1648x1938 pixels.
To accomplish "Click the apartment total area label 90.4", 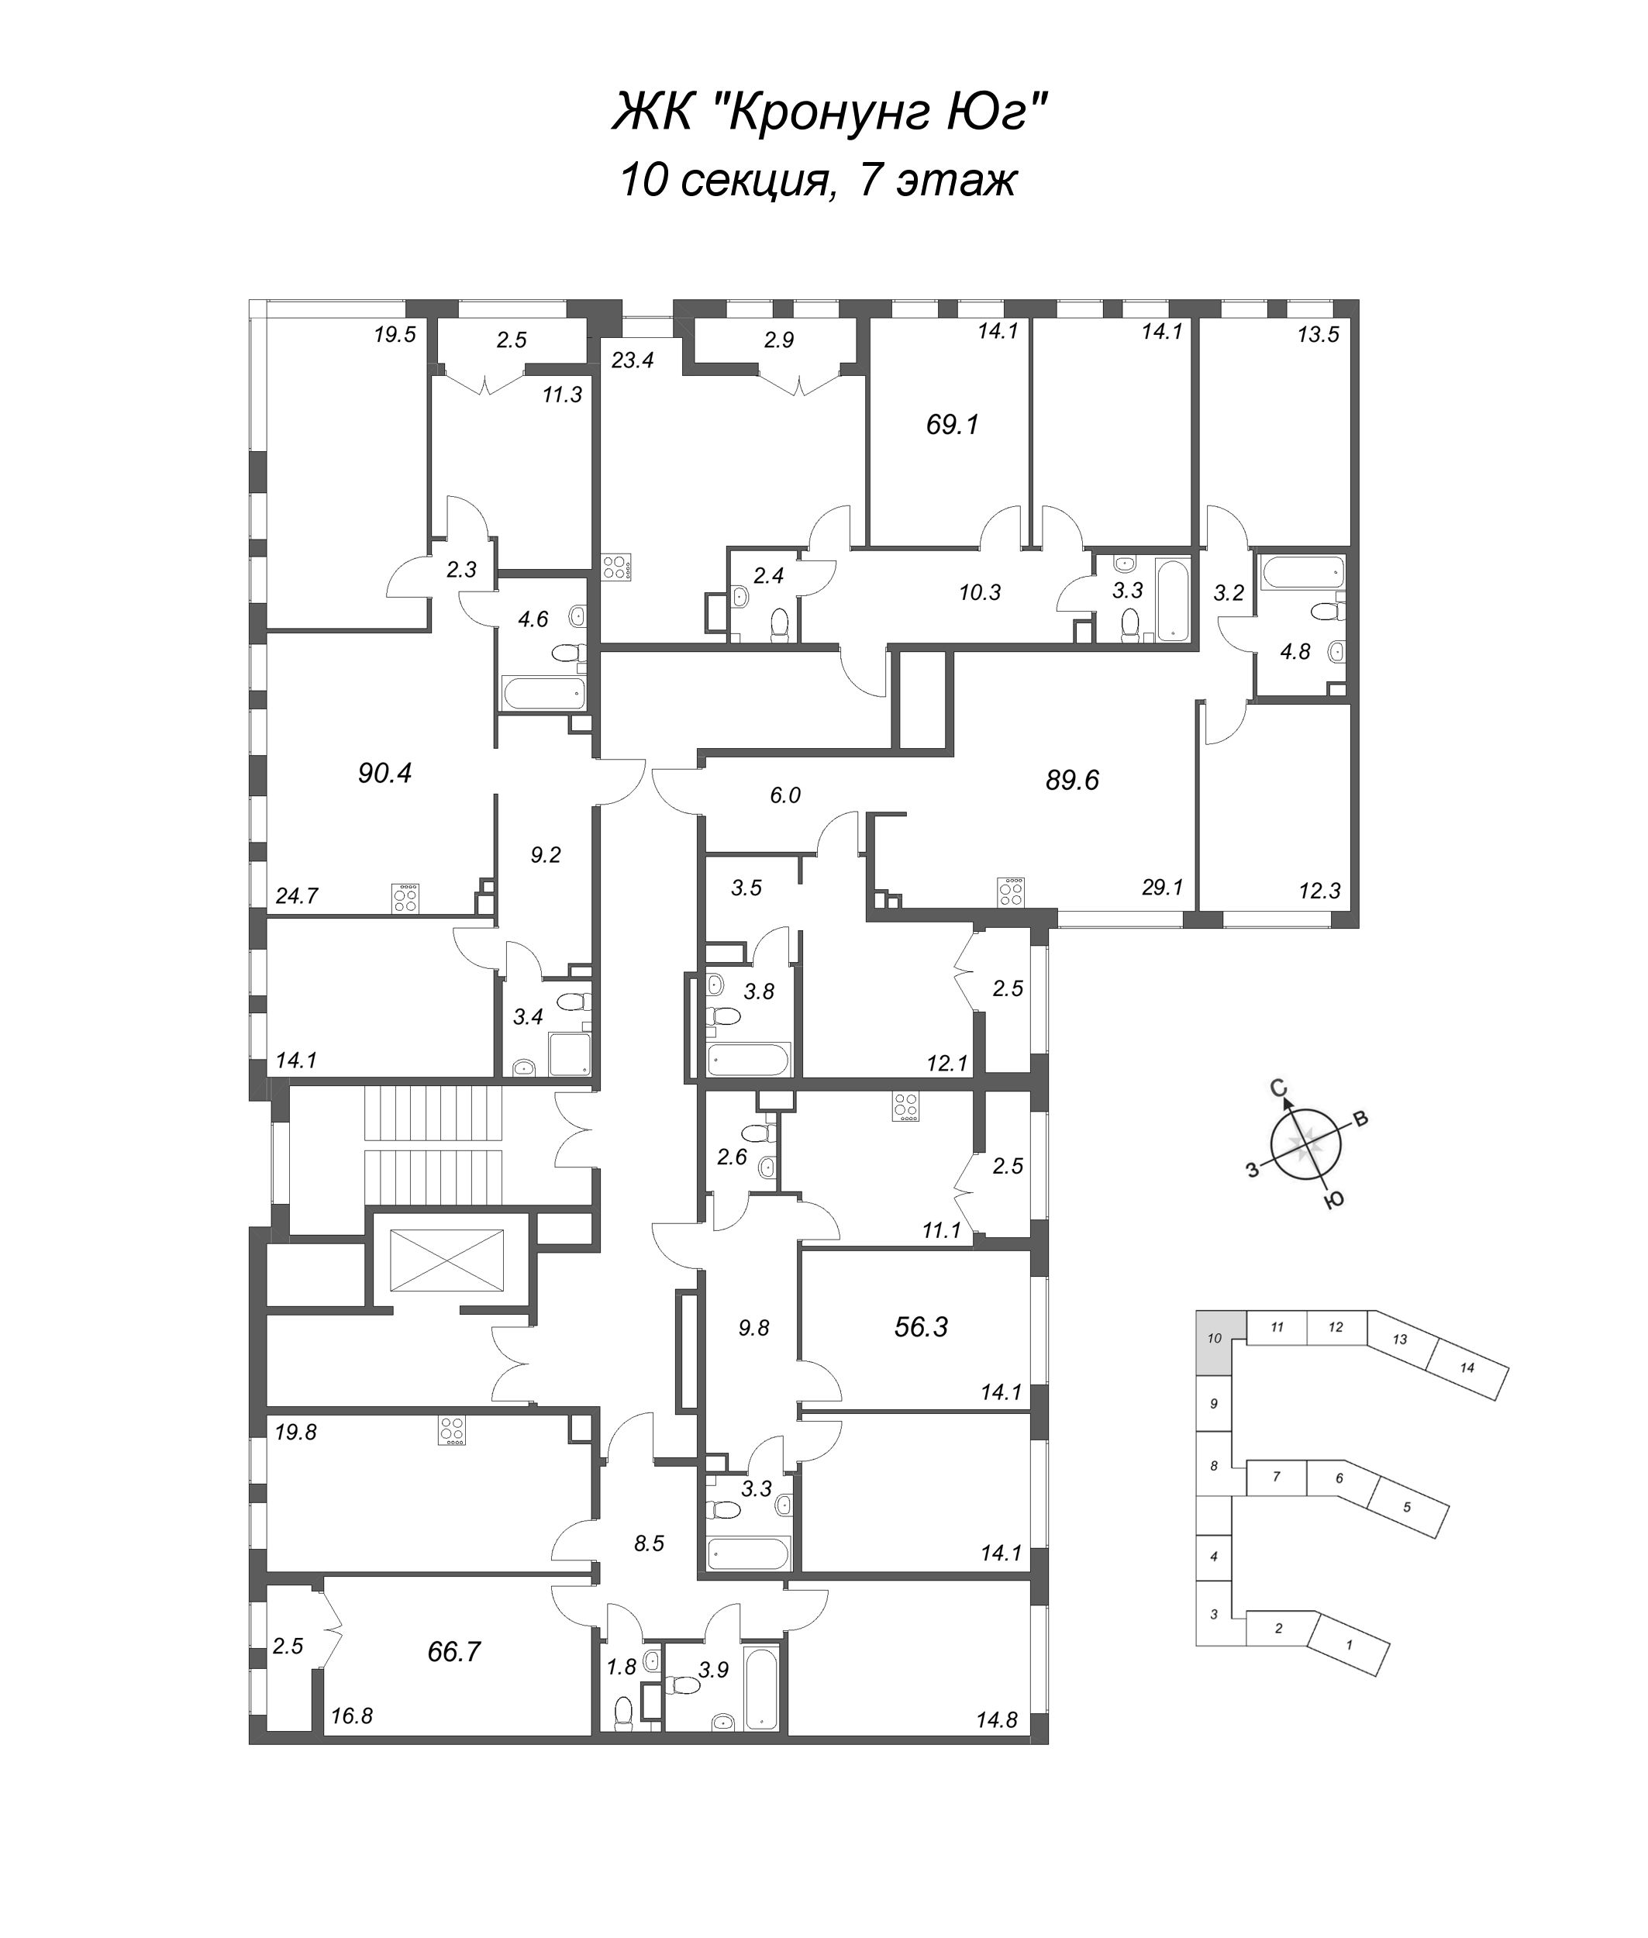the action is pyautogui.click(x=385, y=773).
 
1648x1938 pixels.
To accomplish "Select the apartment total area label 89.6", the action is pyautogui.click(x=1073, y=779).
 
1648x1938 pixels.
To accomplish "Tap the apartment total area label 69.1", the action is pyautogui.click(x=952, y=425).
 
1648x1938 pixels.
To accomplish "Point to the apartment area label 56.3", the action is pyautogui.click(x=921, y=1327).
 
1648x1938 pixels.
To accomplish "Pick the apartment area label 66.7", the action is pyautogui.click(x=454, y=1652).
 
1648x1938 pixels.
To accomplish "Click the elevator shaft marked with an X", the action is pyautogui.click(x=446, y=1261).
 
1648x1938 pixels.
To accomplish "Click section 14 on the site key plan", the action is pyautogui.click(x=1467, y=1368).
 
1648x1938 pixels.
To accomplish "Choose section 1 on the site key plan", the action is pyautogui.click(x=1348, y=1643).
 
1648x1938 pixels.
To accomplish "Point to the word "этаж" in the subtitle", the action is pyautogui.click(x=957, y=181).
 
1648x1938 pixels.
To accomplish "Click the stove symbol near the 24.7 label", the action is pyautogui.click(x=405, y=898).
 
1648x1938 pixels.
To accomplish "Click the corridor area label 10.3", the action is pyautogui.click(x=980, y=591).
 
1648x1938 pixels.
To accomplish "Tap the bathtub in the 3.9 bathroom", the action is pyautogui.click(x=762, y=1687).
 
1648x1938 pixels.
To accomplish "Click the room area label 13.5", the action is pyautogui.click(x=1319, y=335).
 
